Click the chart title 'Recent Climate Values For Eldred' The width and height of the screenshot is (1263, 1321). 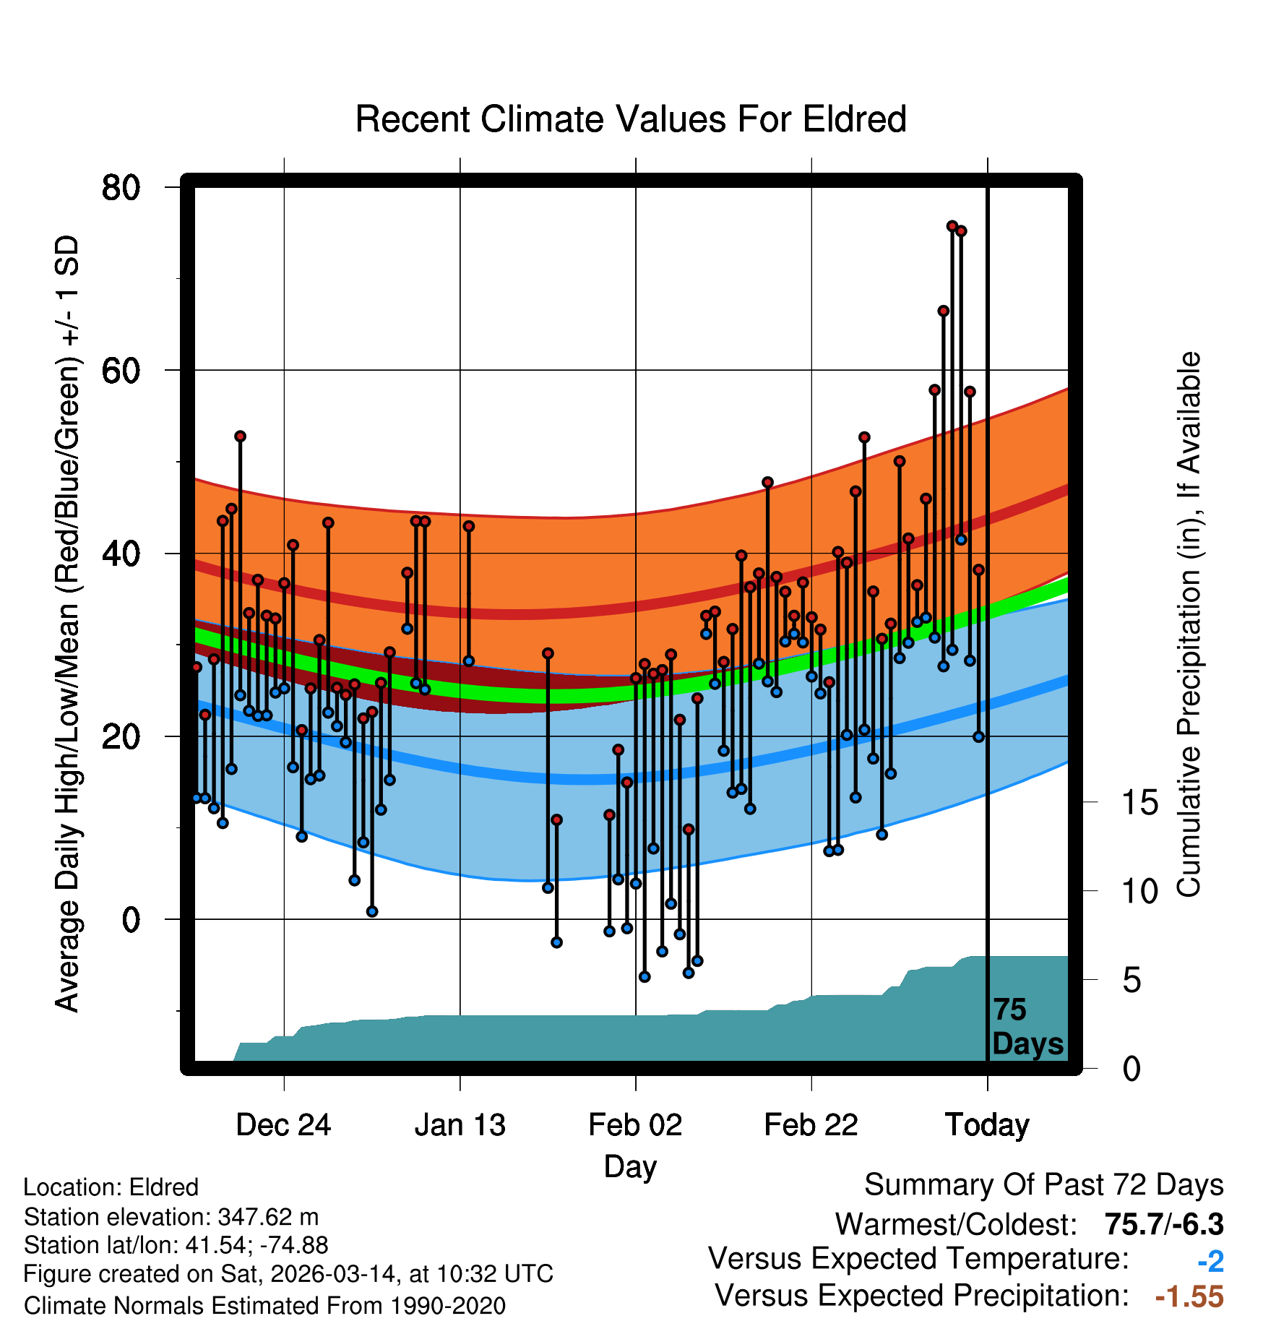(631, 119)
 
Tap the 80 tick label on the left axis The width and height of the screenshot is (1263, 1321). (121, 188)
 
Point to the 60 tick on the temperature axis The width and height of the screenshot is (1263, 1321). (121, 371)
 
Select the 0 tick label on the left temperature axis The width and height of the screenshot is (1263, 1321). (131, 920)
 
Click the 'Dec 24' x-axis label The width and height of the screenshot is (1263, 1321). (283, 1124)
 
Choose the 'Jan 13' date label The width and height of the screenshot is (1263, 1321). (460, 1124)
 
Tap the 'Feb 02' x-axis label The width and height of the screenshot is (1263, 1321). (635, 1124)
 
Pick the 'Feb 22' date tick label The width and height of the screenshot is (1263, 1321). (811, 1124)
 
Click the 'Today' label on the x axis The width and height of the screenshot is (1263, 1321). (987, 1124)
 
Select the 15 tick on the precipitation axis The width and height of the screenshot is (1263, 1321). (1139, 803)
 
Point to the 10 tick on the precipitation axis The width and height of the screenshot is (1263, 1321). (1139, 892)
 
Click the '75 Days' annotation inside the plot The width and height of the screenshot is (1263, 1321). (1027, 1027)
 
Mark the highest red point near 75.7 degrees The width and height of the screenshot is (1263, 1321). (952, 226)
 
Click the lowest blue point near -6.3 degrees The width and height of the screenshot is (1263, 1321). (645, 977)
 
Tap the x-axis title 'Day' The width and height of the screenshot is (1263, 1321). (630, 1166)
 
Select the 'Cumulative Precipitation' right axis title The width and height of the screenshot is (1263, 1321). (1189, 624)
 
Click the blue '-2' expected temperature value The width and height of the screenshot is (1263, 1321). (1210, 1262)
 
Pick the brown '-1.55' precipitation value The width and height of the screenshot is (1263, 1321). (1189, 1296)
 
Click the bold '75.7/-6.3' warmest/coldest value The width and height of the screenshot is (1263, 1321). (1164, 1224)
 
